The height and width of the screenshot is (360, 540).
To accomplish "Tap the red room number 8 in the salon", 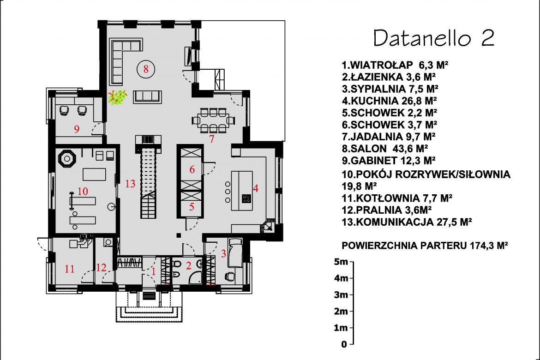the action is pos(146,69).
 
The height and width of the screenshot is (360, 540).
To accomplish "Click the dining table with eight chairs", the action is pos(214,120).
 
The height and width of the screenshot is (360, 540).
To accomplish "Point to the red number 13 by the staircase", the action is pos(130,184).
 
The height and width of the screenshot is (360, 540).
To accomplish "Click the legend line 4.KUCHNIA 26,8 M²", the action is pos(389,101).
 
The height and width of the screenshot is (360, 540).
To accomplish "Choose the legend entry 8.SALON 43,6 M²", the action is pos(384,149).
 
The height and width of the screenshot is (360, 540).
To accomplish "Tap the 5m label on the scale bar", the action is pos(341,262).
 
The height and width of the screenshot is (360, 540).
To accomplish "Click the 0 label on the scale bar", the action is pos(344,344).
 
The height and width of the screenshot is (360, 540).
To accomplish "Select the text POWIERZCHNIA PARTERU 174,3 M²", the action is pos(425,246).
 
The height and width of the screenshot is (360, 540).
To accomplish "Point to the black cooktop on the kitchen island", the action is pos(246,198).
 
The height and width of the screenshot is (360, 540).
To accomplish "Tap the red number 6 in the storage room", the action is pos(192,169).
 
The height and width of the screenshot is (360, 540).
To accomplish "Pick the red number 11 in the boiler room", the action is pos(70,269).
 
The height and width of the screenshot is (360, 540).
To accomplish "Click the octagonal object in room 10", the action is pos(67,158).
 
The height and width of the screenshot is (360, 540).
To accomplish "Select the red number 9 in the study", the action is pos(77,129).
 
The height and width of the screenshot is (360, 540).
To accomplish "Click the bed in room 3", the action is pos(235,252).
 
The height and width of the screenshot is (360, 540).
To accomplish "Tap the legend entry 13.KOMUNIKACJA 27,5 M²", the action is pos(407,222).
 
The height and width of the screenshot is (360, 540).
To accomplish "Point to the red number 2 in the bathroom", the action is pos(188,265).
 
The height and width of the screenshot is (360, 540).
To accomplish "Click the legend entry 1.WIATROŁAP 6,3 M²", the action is pos(395,65).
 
